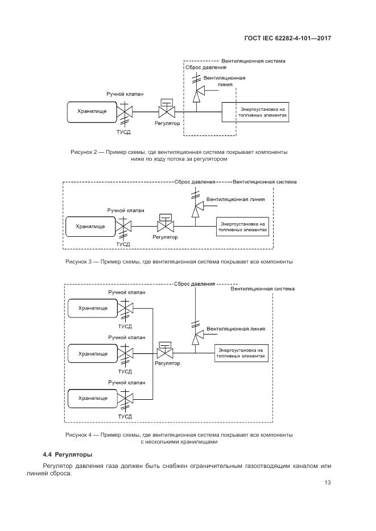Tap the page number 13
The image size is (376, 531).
click(328, 483)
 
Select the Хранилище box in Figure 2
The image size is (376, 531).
click(92, 112)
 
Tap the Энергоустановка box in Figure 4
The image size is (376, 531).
click(242, 353)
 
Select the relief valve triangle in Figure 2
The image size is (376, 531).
click(199, 92)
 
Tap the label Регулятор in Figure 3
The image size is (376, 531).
click(165, 237)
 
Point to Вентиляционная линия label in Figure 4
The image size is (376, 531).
click(235, 329)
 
